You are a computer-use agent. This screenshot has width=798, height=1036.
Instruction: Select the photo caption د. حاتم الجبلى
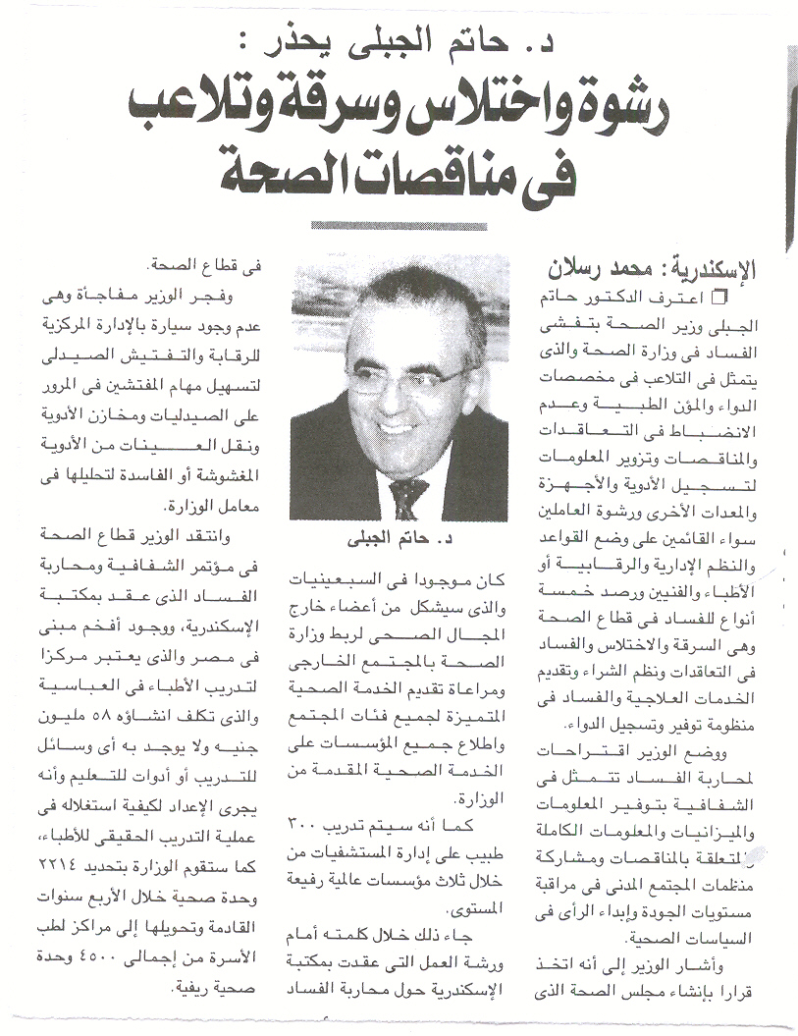point(399,539)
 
